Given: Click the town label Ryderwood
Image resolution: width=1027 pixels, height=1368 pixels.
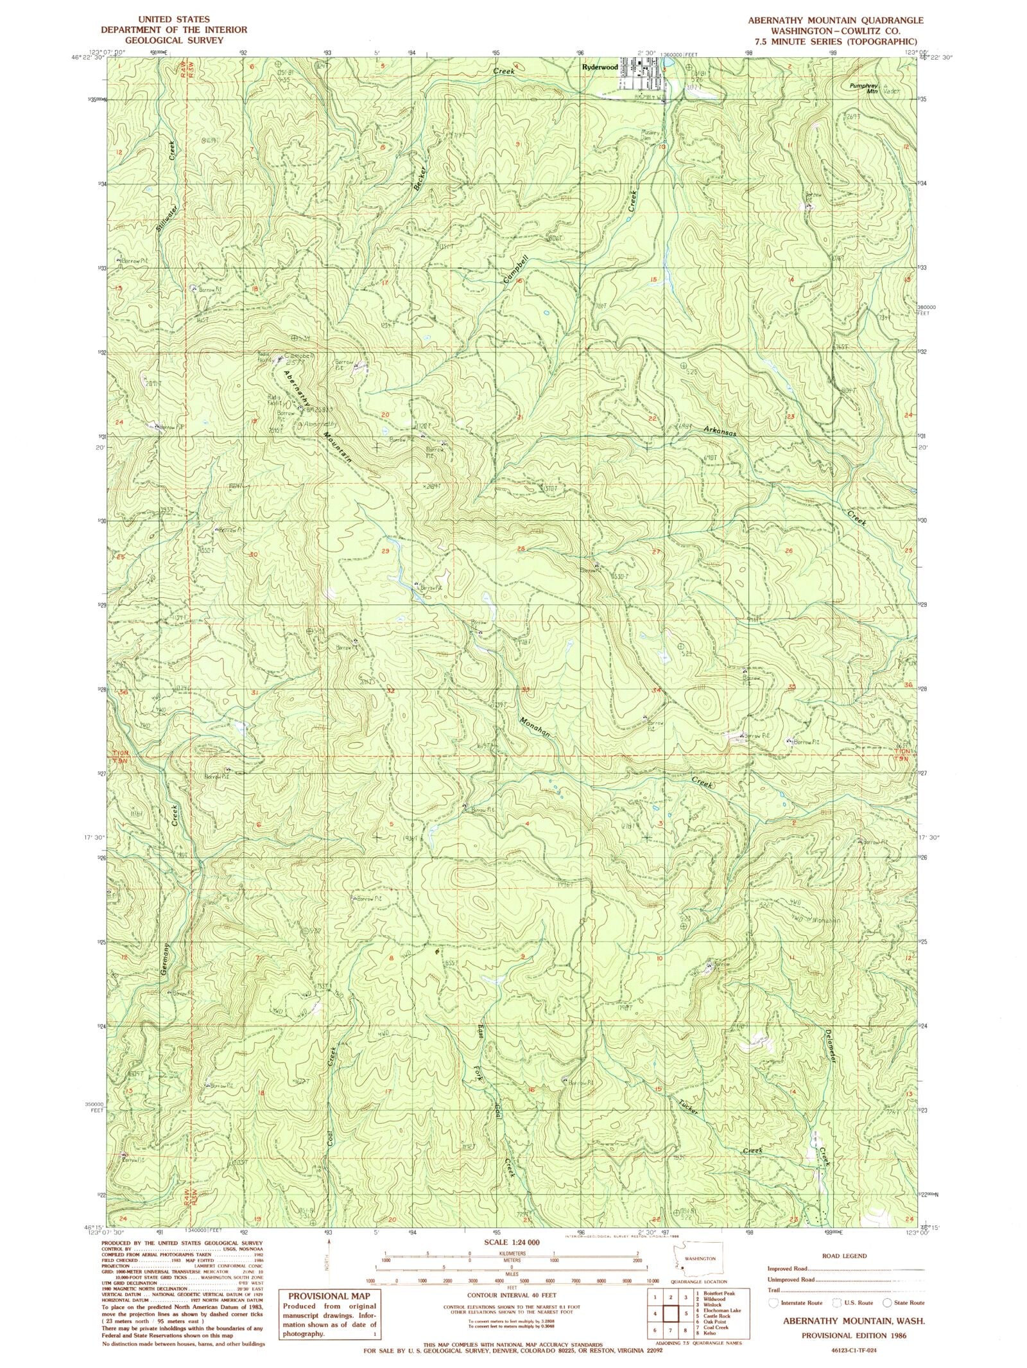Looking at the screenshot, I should tap(600, 67).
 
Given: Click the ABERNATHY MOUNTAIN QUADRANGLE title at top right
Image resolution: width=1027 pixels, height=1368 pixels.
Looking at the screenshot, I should tap(826, 21).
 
